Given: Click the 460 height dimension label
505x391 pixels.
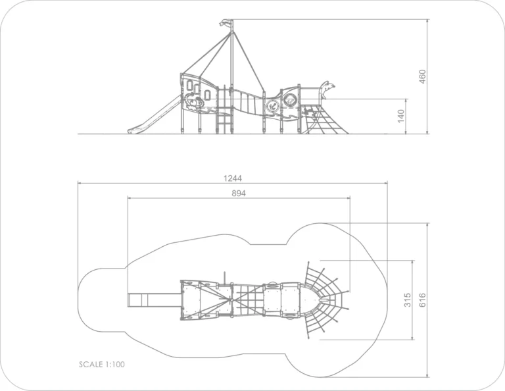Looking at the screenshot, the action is coord(423,76).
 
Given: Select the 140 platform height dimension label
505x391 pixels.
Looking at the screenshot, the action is coord(400,116).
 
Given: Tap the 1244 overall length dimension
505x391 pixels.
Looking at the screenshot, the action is coord(233,178).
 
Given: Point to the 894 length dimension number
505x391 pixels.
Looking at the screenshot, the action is coord(239,193).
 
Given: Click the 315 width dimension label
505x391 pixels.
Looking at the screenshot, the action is coord(408,300).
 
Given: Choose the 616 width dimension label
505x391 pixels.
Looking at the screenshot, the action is coord(423,300).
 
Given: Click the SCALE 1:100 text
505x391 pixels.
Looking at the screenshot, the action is coord(102,364).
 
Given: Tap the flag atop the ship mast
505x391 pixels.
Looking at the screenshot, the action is coord(226,23).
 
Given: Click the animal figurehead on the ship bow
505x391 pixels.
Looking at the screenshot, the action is coord(326,89).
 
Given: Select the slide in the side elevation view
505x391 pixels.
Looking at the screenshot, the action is coord(154,115).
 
